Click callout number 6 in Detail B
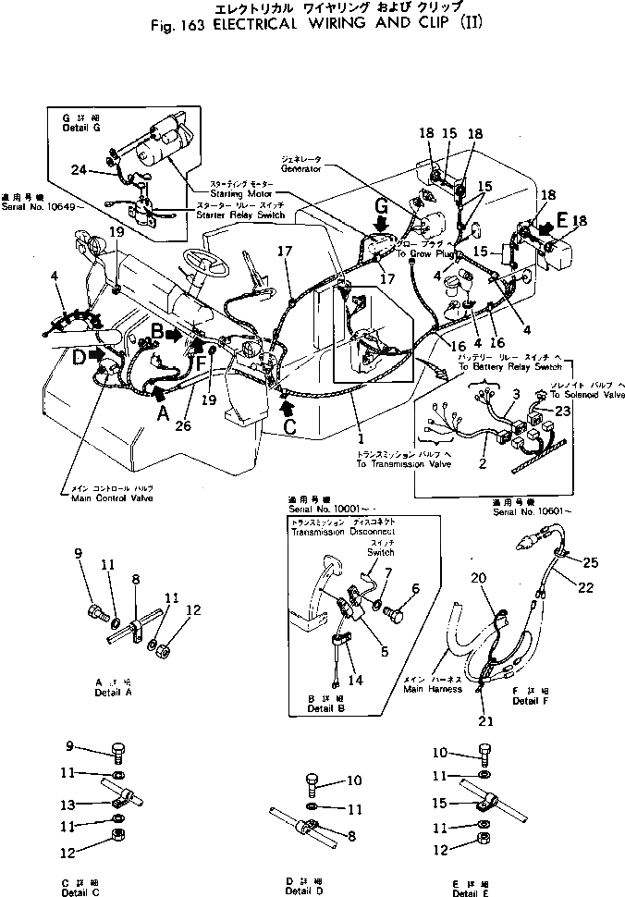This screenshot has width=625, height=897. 415,588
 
